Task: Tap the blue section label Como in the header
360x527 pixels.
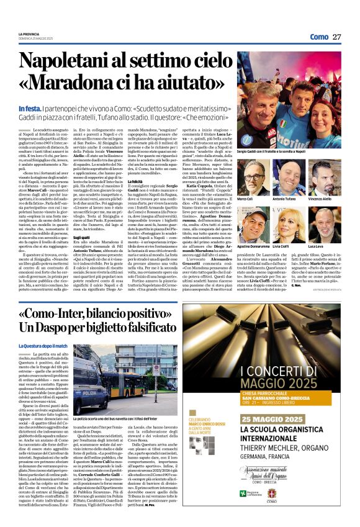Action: click(x=319, y=37)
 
